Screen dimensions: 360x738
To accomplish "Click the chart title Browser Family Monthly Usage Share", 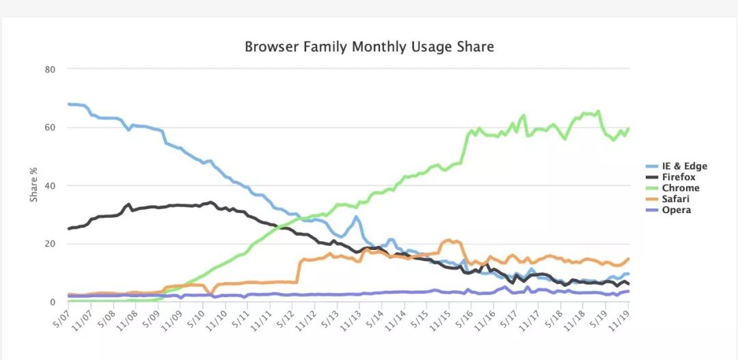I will click(369, 47).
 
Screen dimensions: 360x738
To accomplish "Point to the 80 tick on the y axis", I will click(51, 69).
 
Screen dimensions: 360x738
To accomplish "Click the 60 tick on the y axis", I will click(51, 128).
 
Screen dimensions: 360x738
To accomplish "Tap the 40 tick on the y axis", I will click(51, 186).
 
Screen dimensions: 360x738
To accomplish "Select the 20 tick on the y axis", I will click(51, 244).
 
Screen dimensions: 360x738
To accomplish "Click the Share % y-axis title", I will click(33, 185).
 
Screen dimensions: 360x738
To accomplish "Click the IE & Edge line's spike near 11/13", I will click(356, 217).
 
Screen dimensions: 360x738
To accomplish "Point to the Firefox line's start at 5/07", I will click(68, 228).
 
